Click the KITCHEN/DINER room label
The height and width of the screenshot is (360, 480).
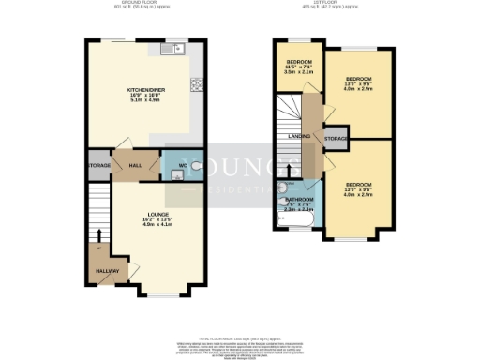click(145, 91)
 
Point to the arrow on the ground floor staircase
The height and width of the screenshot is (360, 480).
click(98, 248)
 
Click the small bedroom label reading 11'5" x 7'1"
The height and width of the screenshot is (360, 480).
click(299, 66)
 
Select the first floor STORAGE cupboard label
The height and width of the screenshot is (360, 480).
click(335, 139)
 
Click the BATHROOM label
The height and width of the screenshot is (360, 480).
click(299, 199)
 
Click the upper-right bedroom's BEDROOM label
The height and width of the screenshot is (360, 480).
click(358, 79)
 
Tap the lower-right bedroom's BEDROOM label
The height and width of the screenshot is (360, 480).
click(358, 184)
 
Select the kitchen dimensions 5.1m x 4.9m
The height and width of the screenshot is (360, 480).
click(145, 102)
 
